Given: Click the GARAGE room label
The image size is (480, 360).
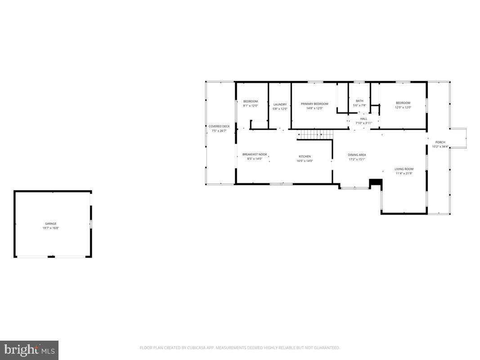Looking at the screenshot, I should (50, 224).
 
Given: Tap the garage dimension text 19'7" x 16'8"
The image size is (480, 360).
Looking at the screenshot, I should (50, 228).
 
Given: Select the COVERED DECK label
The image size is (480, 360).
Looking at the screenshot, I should (219, 126).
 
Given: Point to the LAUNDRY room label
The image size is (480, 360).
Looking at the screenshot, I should (280, 104).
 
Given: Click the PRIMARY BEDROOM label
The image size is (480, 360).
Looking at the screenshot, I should (314, 104).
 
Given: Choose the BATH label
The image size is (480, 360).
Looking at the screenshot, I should (359, 101).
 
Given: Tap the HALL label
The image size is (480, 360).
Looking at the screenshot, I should (363, 119).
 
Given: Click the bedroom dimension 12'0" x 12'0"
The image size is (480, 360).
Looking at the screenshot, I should (403, 108).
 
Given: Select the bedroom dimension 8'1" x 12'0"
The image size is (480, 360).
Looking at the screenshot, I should (251, 106).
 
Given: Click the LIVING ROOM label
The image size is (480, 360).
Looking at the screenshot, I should (404, 169).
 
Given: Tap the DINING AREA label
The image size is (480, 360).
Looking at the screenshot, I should (357, 155).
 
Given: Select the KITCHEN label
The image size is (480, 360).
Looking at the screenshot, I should (305, 157).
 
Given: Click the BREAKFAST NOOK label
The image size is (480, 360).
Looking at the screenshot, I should (255, 154).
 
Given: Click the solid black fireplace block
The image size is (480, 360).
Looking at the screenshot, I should (375, 182).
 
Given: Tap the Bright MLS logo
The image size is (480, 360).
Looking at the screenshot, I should (29, 350).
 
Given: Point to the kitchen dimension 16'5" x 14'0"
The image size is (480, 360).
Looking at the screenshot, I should (305, 161).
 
